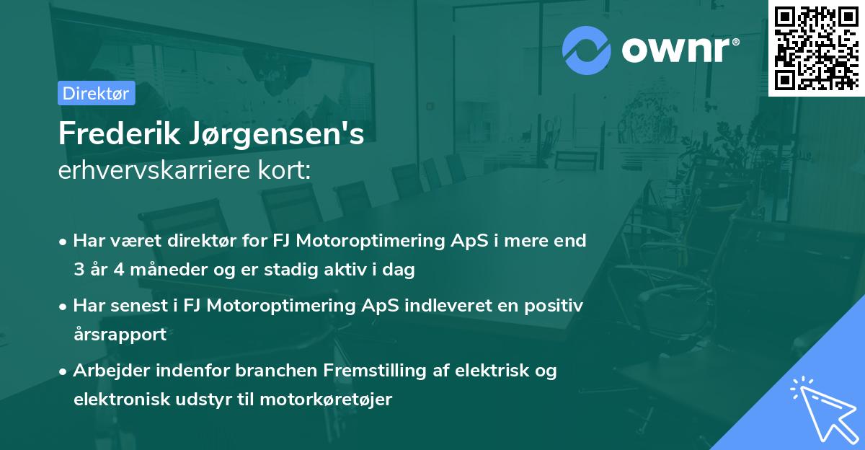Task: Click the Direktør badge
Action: point(96,93)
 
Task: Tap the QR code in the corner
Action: point(815,48)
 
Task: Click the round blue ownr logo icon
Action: point(588,50)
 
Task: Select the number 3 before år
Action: point(78,270)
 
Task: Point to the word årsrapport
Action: point(120,335)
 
